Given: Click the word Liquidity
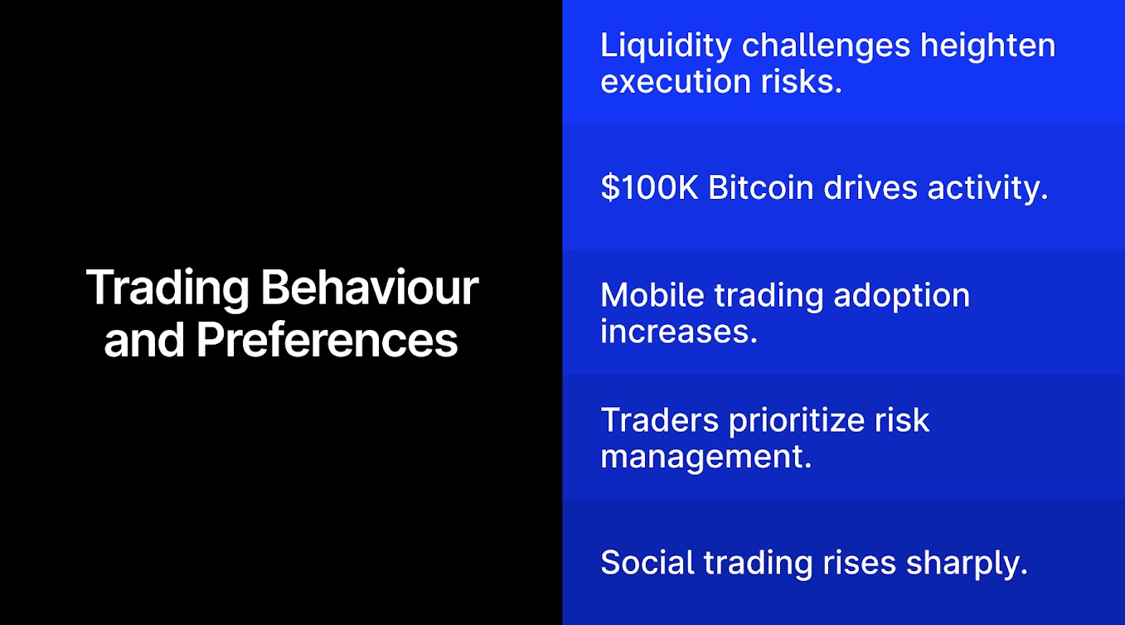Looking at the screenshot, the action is pyautogui.click(x=666, y=46).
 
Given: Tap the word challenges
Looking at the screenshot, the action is pyautogui.click(x=826, y=46).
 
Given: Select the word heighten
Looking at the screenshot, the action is pyautogui.click(x=988, y=46).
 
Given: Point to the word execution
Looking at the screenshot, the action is pyautogui.click(x=676, y=82).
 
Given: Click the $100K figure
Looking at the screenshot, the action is pyautogui.click(x=649, y=188).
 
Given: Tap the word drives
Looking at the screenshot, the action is pyautogui.click(x=870, y=188).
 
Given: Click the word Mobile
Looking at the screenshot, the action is pyautogui.click(x=652, y=295).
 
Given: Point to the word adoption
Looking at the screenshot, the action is pyautogui.click(x=901, y=297).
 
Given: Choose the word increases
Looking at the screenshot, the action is pyautogui.click(x=679, y=332).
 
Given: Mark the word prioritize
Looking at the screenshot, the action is pyautogui.click(x=797, y=422).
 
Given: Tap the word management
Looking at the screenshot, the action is pyautogui.click(x=706, y=458).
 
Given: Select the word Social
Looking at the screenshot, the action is pyautogui.click(x=647, y=562).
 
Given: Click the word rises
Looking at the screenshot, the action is pyautogui.click(x=860, y=563).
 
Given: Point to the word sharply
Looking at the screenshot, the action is pyautogui.click(x=967, y=564).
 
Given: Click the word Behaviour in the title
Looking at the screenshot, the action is pyautogui.click(x=370, y=288).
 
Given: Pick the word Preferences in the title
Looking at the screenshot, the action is pyautogui.click(x=327, y=340).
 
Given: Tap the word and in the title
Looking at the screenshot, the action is pyautogui.click(x=144, y=340).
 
